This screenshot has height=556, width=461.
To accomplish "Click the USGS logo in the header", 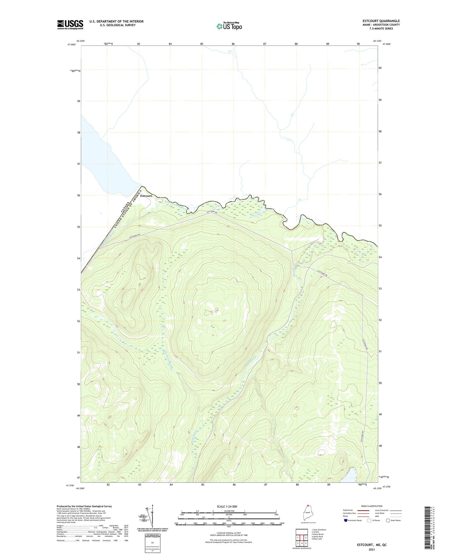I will [x=70, y=25].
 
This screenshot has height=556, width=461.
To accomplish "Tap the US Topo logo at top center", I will [x=229, y=26].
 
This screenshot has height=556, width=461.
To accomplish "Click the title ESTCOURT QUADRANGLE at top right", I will [x=379, y=21].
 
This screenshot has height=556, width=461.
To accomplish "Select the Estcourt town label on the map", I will [x=146, y=196].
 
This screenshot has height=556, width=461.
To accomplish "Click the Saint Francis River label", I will [x=175, y=204].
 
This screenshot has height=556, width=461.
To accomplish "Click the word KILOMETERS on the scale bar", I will [x=229, y=511].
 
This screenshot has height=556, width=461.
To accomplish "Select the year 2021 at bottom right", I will [x=372, y=550].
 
